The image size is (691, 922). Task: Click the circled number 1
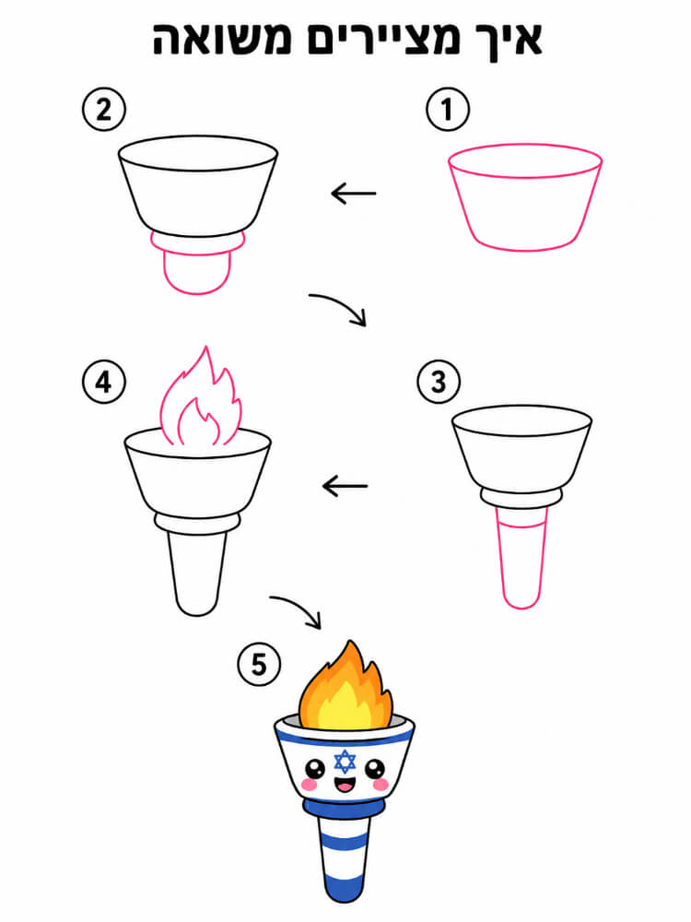pyautogui.click(x=448, y=110)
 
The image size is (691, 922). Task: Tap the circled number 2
pyautogui.click(x=104, y=110)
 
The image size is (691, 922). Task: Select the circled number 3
pyautogui.click(x=439, y=382)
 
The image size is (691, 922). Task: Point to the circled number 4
pyautogui.click(x=104, y=382)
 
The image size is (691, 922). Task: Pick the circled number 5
pyautogui.click(x=259, y=665)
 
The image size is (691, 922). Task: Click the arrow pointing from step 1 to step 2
pyautogui.click(x=354, y=193)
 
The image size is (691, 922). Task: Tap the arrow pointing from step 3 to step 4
pyautogui.click(x=345, y=486)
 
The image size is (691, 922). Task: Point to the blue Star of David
pyautogui.click(x=345, y=762)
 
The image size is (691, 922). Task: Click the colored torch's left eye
pyautogui.click(x=315, y=768)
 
